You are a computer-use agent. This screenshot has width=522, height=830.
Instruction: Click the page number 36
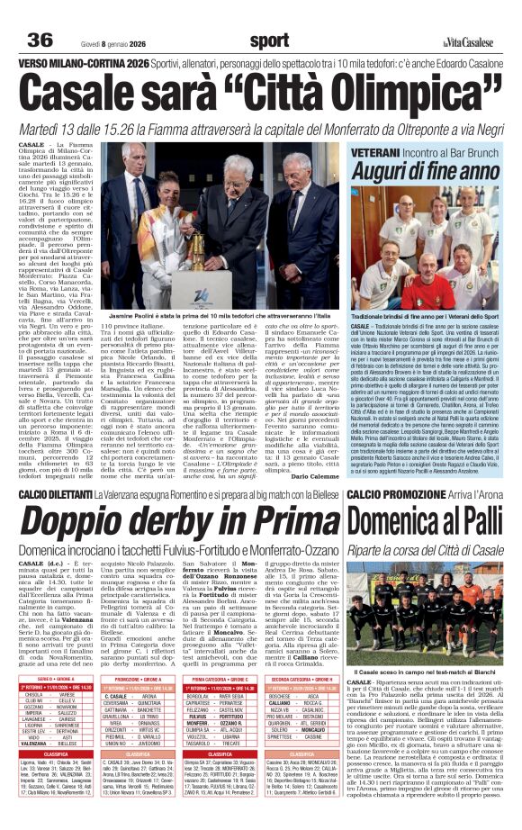(40, 41)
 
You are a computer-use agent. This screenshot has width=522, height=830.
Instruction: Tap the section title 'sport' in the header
(270, 41)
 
